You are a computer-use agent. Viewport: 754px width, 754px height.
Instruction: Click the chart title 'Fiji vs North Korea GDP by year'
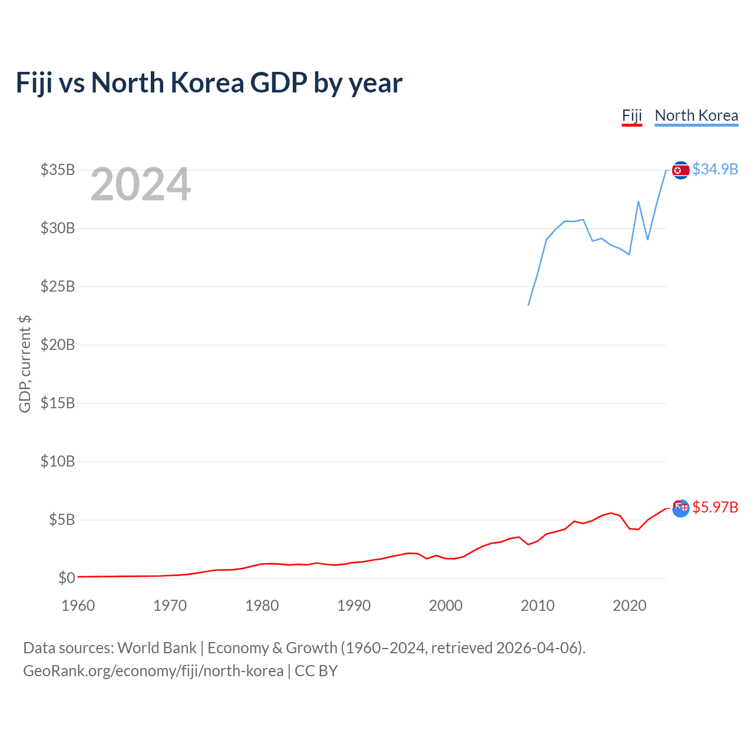209,83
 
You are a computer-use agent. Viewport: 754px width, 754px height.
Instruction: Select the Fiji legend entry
631,116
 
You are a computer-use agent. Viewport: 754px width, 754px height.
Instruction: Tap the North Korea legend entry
696,116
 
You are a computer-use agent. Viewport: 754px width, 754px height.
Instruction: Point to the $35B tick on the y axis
58,170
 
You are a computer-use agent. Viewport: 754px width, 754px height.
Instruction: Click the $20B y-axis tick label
58,345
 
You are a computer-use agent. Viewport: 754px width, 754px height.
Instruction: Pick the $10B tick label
58,461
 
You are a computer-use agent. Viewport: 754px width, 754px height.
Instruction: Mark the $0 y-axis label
67,578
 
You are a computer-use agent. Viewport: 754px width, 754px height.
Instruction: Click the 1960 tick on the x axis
78,606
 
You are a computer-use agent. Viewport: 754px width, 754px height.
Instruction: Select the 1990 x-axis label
353,606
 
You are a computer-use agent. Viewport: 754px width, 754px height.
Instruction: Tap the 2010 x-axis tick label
538,606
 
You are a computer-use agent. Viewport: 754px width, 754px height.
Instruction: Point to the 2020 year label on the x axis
630,606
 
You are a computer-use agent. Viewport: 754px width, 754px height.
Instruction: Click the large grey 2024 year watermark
141,184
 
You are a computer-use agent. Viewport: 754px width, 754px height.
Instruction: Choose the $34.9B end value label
715,170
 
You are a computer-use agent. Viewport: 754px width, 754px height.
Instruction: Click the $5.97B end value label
715,508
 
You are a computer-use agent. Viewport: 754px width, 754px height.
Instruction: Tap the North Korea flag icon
681,170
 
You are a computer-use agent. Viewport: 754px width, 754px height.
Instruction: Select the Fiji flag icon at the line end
681,508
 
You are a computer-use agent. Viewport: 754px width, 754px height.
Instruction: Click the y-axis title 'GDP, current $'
25,364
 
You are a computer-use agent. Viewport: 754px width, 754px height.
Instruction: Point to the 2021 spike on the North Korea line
639,201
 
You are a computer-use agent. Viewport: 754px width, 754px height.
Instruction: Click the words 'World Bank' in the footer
157,649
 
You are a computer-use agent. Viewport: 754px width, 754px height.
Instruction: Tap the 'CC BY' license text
316,671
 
